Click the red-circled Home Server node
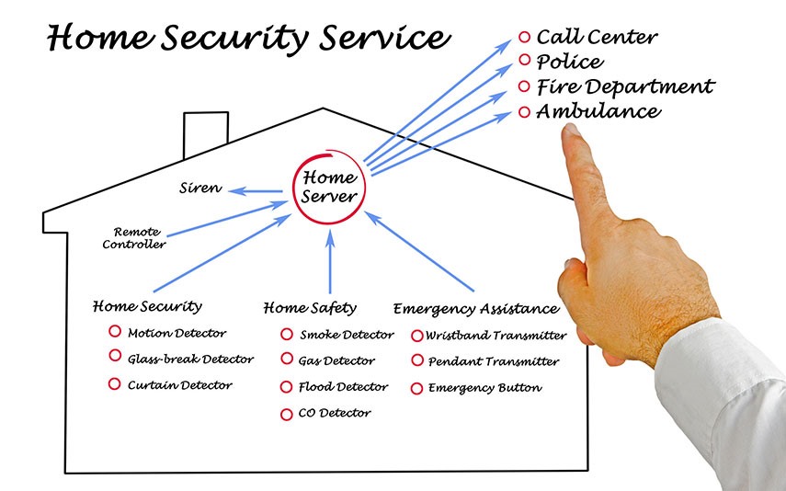point(328,187)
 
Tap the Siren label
point(199,188)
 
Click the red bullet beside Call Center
point(525,38)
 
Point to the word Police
point(570,63)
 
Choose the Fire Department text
point(625,87)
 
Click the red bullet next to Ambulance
point(525,112)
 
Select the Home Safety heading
point(310,308)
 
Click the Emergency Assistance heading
point(475,309)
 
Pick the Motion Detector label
point(177,333)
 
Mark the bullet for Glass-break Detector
point(115,357)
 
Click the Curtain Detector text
point(179,385)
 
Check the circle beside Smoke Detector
point(287,335)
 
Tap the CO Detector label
point(335,414)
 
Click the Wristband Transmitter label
point(496,336)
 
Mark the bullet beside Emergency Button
point(416,388)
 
